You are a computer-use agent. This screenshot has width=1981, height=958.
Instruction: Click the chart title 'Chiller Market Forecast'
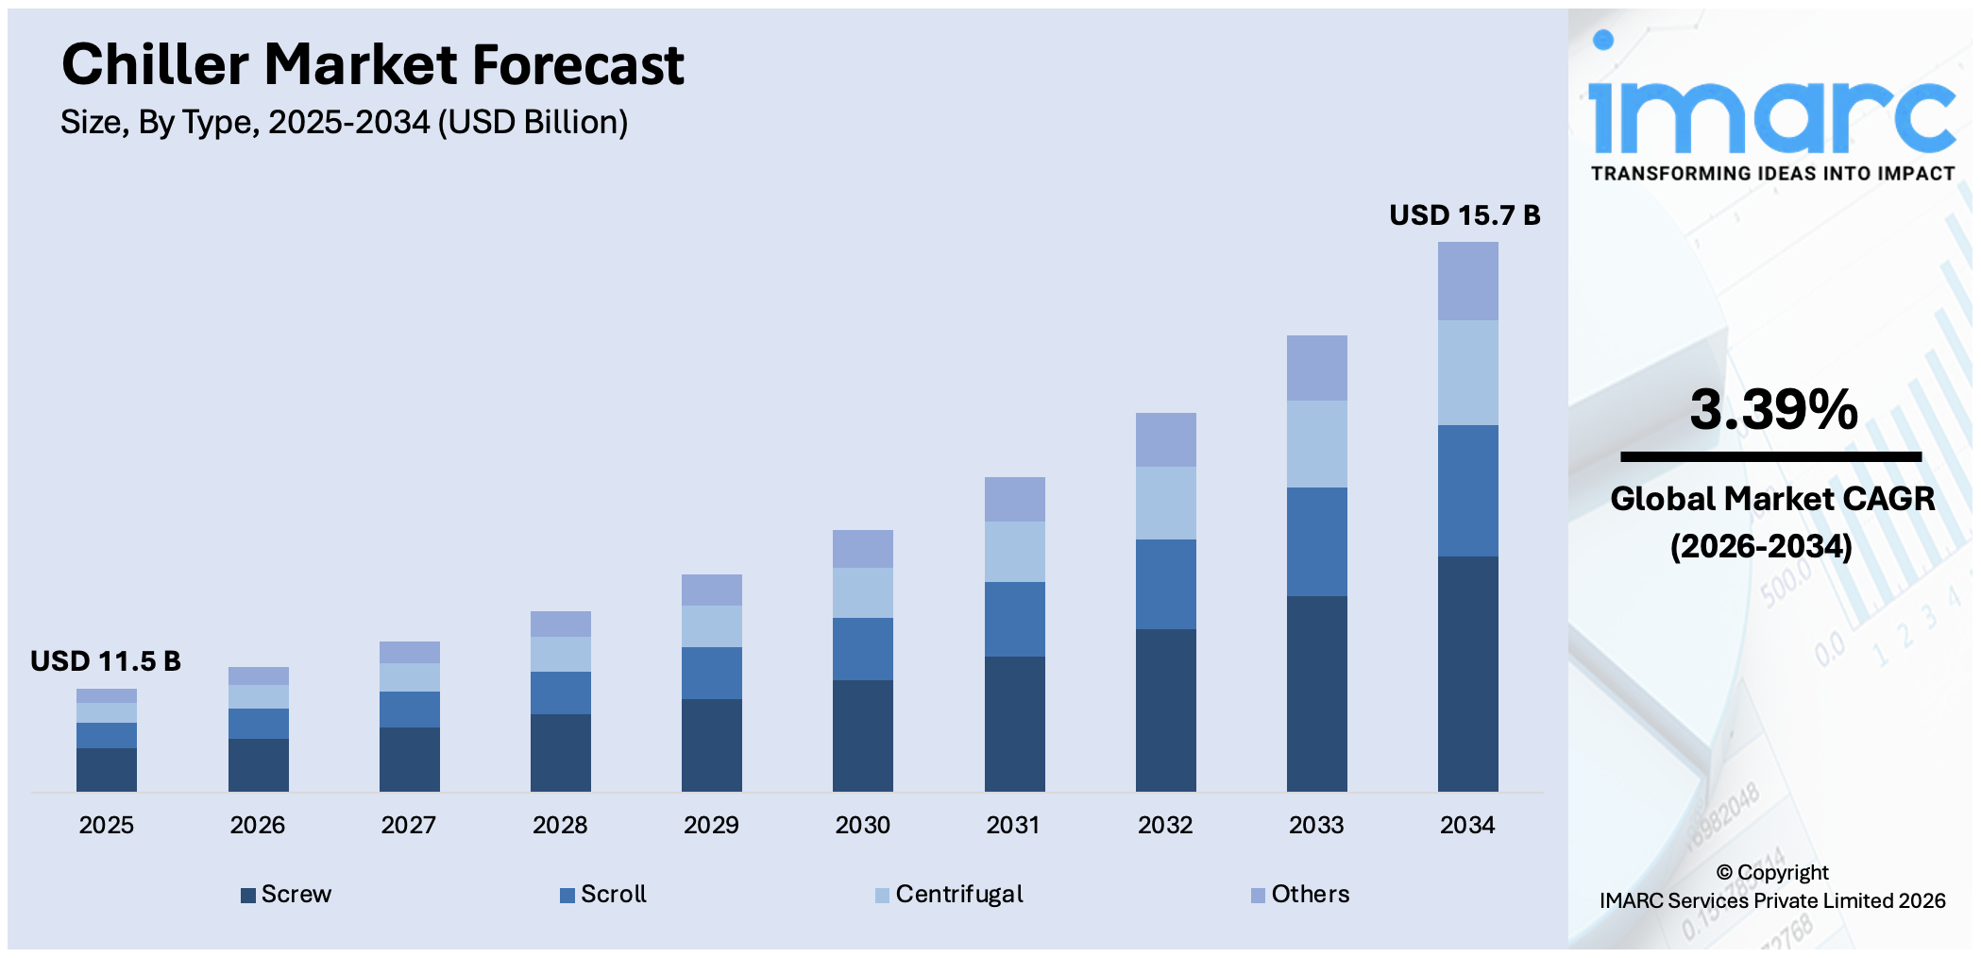pos(372,65)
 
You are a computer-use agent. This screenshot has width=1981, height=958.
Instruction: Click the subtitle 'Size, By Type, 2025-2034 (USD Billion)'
pos(344,122)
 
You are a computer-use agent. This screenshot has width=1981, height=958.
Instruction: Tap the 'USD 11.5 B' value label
pos(105,661)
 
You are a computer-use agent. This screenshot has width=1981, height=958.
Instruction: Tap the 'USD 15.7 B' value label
pos(1464,215)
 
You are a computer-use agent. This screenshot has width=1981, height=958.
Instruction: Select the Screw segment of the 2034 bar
pos(1467,673)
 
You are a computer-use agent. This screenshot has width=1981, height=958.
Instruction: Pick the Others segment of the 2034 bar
pos(1467,281)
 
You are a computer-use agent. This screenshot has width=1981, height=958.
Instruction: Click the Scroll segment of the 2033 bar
pos(1316,541)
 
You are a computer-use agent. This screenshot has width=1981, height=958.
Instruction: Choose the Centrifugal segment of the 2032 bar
pos(1165,503)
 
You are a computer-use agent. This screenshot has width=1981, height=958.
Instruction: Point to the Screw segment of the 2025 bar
pos(107,769)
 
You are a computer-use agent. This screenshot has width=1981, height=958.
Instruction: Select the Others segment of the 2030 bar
pos(862,549)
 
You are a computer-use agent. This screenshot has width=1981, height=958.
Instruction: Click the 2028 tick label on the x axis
pos(560,825)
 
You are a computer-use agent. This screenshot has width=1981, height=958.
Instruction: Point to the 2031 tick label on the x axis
pos(1013,825)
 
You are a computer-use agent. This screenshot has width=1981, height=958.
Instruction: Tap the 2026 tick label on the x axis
pos(257,825)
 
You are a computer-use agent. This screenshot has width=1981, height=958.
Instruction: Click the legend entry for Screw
pos(287,894)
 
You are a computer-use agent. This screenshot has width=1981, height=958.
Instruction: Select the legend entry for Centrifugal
pos(950,894)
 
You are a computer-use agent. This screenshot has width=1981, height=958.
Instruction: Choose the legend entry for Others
pos(1300,894)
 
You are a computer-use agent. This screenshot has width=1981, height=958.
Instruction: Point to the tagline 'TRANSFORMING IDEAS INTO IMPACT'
pos(1772,174)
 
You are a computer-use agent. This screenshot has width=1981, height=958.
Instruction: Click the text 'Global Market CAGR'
pos(1772,499)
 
